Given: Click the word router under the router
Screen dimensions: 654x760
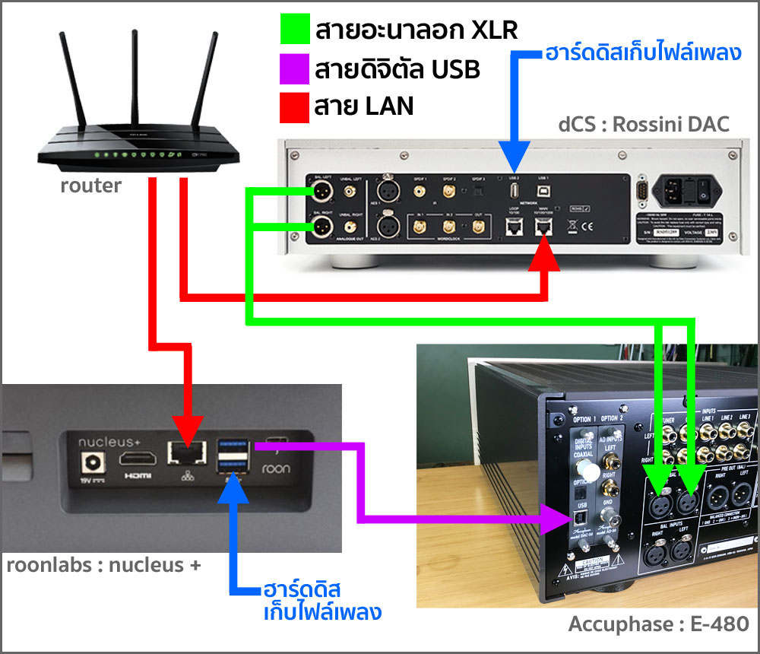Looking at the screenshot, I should tap(90, 185).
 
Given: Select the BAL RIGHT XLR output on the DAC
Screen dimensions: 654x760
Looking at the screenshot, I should tap(322, 227).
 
